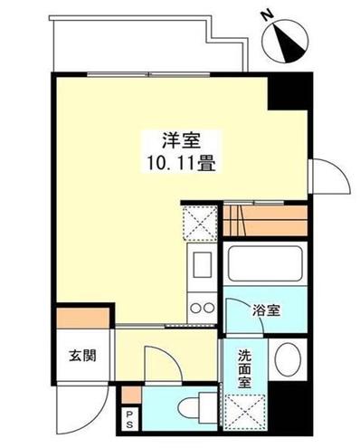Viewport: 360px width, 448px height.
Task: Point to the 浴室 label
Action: click(266, 310)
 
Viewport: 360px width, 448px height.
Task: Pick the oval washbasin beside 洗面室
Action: click(289, 360)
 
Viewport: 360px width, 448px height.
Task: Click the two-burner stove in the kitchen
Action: click(201, 307)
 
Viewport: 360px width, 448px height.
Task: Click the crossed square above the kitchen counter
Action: click(198, 221)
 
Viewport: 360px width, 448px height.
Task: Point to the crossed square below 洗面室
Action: click(242, 411)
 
